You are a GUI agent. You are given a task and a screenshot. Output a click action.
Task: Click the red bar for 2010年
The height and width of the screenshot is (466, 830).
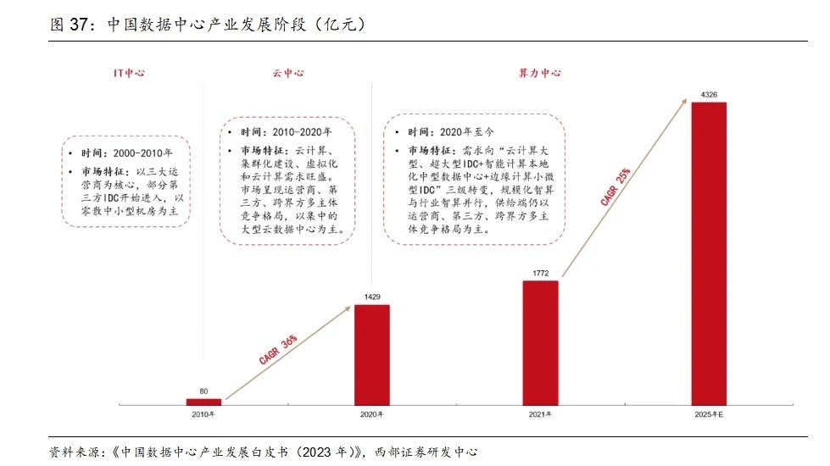203,402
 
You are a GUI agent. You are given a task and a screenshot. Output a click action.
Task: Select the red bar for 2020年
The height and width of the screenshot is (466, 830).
372,354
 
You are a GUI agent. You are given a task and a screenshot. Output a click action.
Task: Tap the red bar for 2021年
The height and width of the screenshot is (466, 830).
541,342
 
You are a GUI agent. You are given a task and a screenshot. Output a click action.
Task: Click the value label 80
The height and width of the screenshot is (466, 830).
203,391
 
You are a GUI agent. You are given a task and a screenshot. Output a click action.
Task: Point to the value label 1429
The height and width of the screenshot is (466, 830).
372,297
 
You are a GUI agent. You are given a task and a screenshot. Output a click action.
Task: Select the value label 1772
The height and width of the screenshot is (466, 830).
541,272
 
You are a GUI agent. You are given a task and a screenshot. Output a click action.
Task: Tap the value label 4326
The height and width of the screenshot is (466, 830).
710,96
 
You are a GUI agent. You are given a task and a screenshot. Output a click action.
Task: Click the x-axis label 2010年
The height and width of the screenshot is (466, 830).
203,414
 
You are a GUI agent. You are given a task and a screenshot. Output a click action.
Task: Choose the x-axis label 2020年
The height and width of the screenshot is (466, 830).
372,414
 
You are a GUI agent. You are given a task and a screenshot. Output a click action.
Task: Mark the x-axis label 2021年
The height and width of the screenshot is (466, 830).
541,414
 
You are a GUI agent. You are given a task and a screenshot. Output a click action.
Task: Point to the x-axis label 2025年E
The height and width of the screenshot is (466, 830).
710,414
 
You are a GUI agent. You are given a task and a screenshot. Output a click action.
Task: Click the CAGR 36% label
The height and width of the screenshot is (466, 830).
277,349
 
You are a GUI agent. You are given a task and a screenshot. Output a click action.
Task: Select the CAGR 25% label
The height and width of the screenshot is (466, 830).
615,188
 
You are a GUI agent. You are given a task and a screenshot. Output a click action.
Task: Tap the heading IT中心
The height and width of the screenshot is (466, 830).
129,73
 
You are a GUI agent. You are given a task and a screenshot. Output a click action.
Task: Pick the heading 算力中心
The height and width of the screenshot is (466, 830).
539,73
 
